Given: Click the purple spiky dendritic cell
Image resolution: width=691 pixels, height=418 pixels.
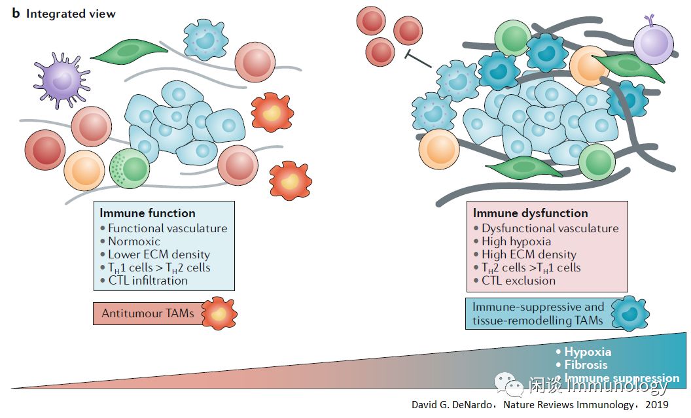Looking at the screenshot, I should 63,81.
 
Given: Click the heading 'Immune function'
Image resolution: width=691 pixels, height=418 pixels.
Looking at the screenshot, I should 147,213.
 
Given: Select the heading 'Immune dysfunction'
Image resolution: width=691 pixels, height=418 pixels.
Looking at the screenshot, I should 530,213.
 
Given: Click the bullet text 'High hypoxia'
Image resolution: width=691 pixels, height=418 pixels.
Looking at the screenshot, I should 516,241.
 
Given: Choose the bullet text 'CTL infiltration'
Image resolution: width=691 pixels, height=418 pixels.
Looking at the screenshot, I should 147,281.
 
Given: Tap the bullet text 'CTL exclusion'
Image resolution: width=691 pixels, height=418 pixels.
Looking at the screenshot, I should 518,281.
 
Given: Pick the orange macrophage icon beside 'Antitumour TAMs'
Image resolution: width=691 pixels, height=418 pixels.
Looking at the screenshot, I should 219,313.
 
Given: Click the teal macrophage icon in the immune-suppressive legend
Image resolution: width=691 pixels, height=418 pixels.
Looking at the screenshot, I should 629,313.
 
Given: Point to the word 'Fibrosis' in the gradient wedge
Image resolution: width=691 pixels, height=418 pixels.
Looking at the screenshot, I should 586,365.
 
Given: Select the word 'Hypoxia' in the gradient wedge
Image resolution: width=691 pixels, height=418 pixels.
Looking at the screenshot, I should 587,352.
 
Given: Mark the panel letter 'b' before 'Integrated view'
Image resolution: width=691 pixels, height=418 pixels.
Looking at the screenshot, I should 16,14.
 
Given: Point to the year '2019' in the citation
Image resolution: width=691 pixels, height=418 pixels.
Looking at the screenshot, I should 656,405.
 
